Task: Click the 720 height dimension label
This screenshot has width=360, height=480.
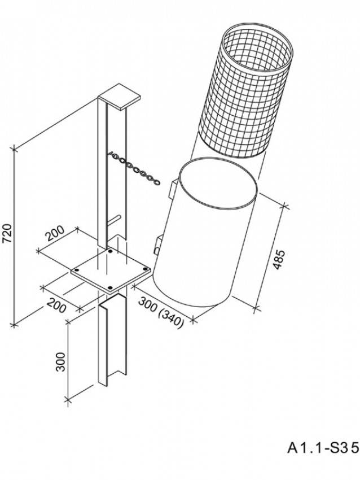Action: point(7,233)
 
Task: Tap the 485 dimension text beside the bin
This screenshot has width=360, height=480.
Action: point(279,260)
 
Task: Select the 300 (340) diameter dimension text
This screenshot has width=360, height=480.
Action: point(161,312)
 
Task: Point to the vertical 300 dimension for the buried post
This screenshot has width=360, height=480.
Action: point(60,361)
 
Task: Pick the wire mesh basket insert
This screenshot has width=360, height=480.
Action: point(246,90)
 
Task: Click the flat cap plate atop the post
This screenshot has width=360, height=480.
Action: point(120,97)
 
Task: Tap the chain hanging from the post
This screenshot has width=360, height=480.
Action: point(134,168)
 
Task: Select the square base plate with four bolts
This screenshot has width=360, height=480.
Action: point(111,271)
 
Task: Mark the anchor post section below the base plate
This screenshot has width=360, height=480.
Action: point(112,339)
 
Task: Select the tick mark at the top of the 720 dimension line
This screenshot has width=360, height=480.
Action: point(13,149)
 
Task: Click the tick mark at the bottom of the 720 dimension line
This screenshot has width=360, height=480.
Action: point(13,325)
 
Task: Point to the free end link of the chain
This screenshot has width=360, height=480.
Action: point(157,182)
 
